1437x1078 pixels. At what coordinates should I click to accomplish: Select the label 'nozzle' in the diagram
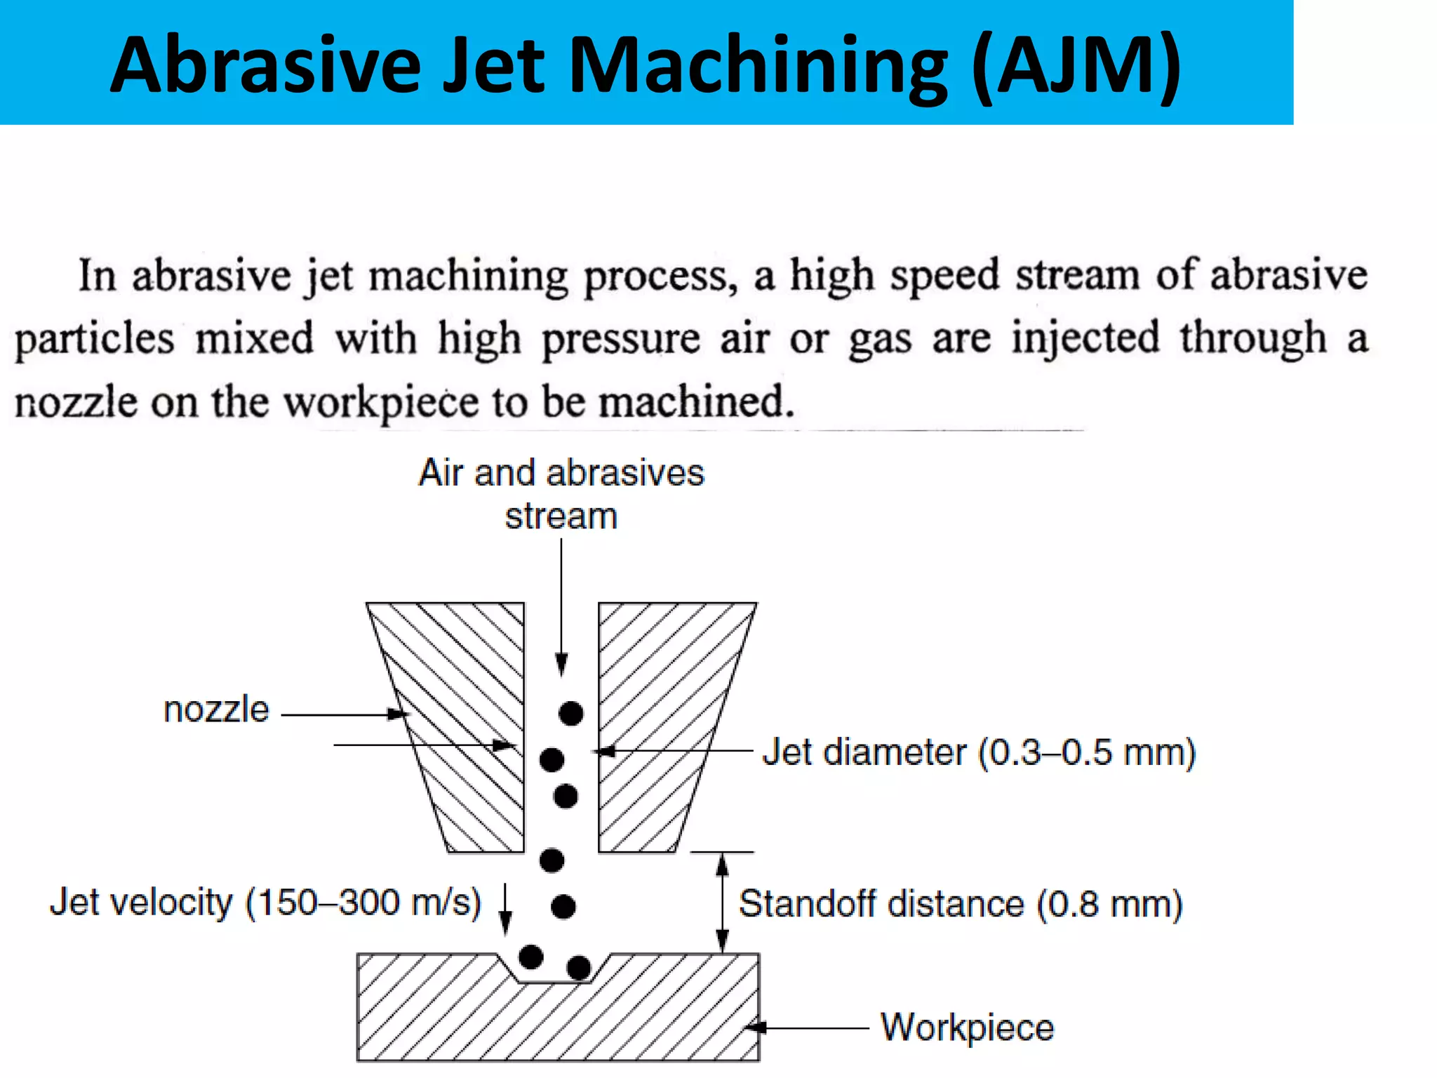(216, 710)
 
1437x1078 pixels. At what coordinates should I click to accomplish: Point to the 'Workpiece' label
(967, 1027)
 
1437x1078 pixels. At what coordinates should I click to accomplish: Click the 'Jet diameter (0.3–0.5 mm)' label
(978, 752)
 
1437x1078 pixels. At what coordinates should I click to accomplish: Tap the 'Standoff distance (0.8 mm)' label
(960, 903)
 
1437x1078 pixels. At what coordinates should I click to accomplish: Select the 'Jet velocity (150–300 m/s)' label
(265, 902)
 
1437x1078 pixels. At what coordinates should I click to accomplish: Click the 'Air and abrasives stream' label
(561, 494)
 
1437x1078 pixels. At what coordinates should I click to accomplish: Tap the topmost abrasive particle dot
(571, 713)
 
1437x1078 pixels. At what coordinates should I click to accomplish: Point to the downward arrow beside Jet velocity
(505, 909)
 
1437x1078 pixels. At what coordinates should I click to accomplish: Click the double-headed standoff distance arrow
(722, 903)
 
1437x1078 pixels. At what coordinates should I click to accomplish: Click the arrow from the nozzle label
(344, 714)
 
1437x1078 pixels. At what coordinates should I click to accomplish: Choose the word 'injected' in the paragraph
(1085, 338)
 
